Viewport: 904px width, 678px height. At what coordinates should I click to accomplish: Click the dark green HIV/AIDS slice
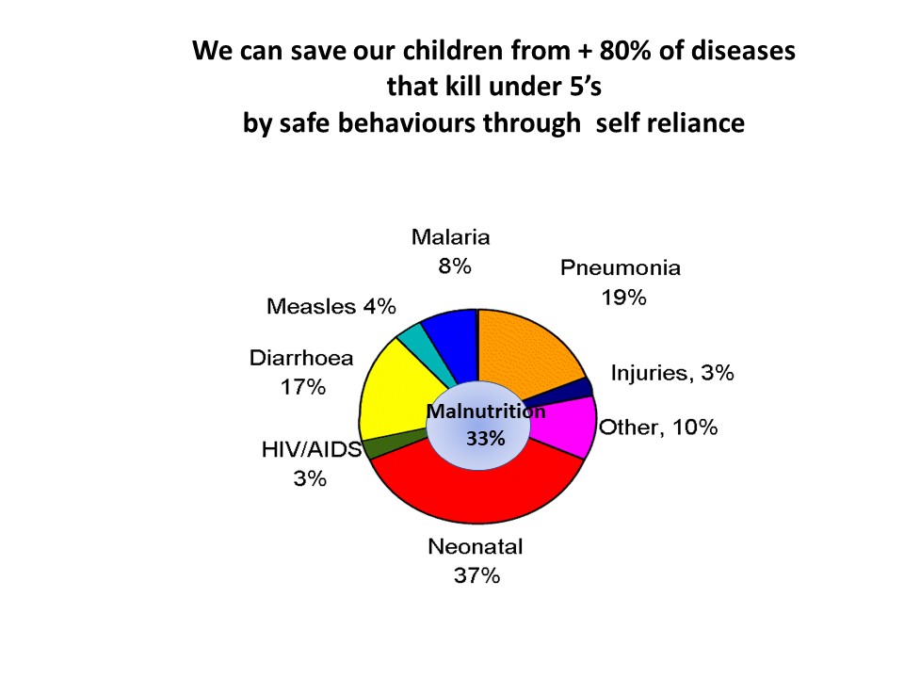pos(392,445)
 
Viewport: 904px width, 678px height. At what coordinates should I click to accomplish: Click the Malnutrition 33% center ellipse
pos(478,425)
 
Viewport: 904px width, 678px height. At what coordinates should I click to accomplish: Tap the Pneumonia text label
pos(621,268)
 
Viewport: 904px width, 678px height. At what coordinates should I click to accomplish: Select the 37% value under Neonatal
pos(476,575)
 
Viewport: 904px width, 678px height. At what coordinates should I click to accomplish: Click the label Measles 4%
pos(331,306)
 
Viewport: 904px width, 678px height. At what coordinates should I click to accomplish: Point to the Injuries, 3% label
pos(672,373)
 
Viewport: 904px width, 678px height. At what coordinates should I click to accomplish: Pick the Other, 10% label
pos(658,428)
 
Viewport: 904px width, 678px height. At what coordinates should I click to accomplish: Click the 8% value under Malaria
pos(455,266)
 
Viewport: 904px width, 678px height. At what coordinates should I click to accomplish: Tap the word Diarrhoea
pos(301,358)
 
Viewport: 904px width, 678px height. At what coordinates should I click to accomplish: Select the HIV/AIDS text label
pos(312,449)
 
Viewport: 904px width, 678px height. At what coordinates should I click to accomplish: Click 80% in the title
pos(625,51)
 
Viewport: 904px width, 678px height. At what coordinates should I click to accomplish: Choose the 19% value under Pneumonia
pos(623,298)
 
